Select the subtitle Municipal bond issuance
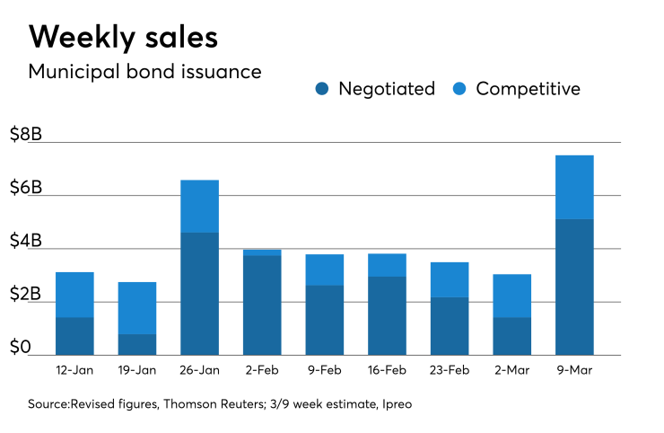coord(144,72)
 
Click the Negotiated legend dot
coord(323,89)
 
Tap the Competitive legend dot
coord(460,89)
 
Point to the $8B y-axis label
coord(26,135)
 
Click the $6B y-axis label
coord(26,188)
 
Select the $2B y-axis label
coord(26,295)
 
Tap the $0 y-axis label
coord(20,348)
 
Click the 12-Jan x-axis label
coord(74,368)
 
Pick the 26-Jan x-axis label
coord(199,368)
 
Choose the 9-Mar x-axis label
coord(574,368)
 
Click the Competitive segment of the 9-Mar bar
coord(574,187)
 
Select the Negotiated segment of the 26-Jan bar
coord(199,294)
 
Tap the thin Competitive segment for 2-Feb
coord(262,252)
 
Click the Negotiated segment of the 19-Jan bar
coord(137,345)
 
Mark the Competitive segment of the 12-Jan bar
coord(74,295)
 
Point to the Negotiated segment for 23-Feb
coord(450,326)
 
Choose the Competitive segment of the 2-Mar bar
coord(511,296)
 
